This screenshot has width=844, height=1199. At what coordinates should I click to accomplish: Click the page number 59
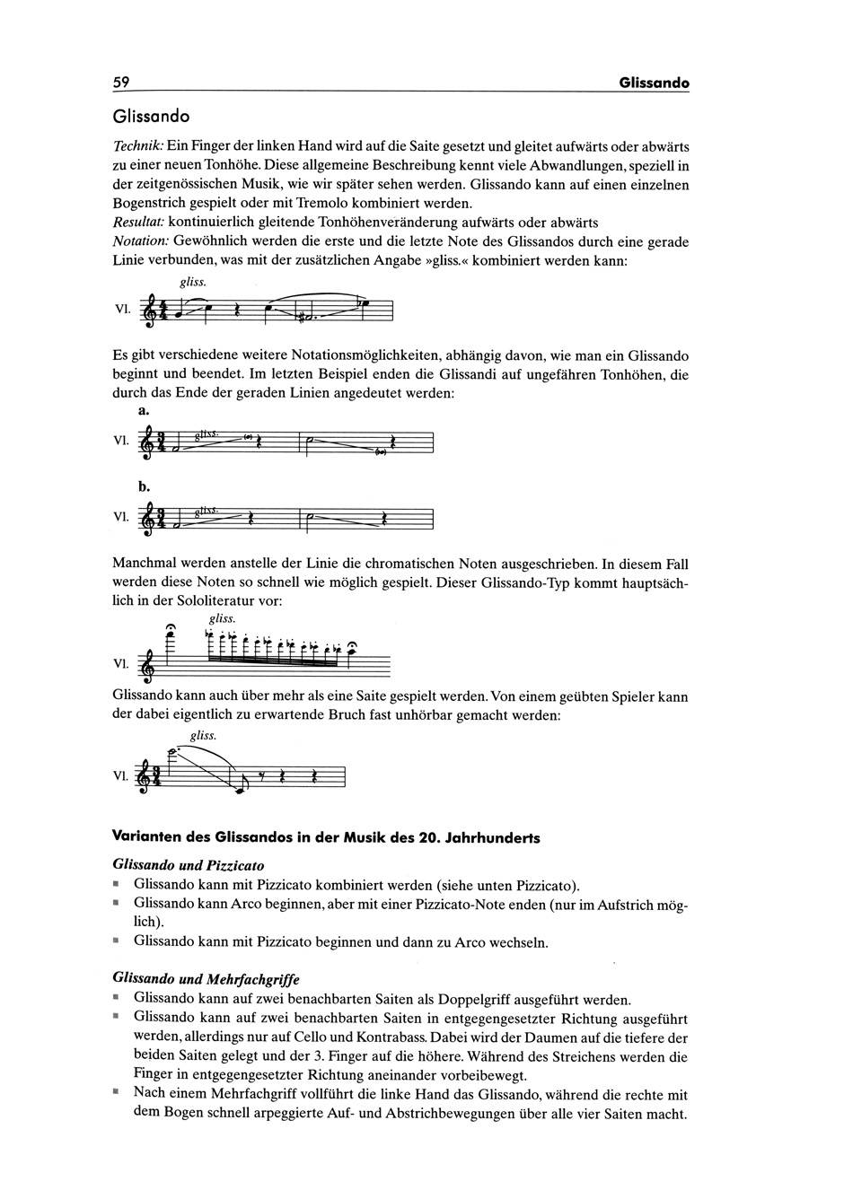[x=121, y=83]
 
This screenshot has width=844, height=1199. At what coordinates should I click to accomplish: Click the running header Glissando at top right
[x=654, y=83]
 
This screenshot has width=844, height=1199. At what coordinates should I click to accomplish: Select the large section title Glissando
[x=151, y=117]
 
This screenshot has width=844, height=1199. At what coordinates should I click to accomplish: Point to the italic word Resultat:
[x=138, y=222]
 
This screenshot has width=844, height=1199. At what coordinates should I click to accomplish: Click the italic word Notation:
[x=140, y=241]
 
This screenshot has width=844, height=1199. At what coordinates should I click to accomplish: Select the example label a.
[x=143, y=408]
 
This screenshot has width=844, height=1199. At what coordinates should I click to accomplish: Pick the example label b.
[x=144, y=486]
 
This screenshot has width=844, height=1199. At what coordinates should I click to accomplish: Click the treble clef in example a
[x=148, y=443]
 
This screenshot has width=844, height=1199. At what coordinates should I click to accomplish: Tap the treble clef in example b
[x=148, y=520]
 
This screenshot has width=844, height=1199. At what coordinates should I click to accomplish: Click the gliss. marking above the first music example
[x=192, y=281]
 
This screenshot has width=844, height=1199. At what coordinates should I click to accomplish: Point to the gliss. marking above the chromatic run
[x=222, y=618]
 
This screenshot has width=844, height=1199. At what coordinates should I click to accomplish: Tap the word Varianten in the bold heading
[x=146, y=837]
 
